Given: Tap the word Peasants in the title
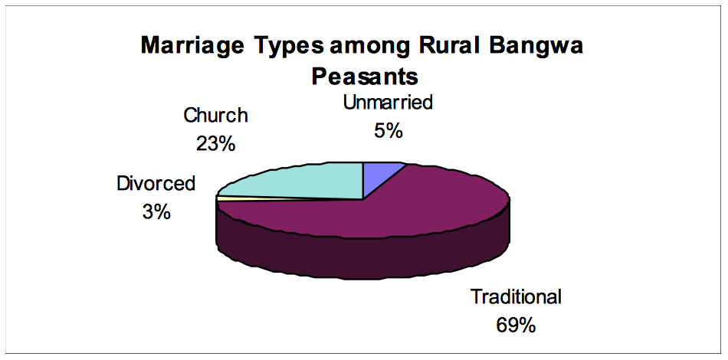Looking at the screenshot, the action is [x=365, y=77].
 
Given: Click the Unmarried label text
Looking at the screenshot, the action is [x=388, y=102].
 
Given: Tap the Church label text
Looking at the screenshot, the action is [x=215, y=115].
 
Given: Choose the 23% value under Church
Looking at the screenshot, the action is [x=215, y=144].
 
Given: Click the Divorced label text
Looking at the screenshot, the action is [x=156, y=183].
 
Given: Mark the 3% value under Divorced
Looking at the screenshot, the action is [x=156, y=212].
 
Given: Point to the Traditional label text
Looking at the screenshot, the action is [x=516, y=296].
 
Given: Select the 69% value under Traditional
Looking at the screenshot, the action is [x=516, y=326].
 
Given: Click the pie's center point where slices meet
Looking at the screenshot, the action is [x=362, y=199].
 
